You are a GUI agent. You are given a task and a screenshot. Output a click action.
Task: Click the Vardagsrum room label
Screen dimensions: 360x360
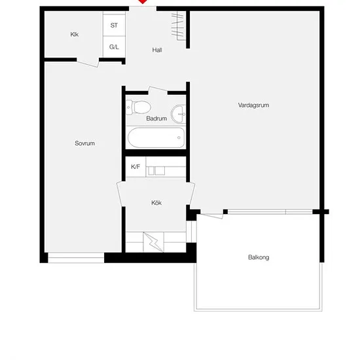point(253,105)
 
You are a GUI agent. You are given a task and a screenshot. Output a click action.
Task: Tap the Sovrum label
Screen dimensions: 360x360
point(84,143)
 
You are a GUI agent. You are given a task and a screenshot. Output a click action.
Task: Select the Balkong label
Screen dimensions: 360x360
point(259,257)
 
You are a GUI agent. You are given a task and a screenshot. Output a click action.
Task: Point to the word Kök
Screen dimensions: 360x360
point(156,203)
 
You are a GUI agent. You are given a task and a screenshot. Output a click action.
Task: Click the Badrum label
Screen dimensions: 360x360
point(156,118)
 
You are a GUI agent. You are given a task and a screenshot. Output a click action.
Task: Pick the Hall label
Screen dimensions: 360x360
point(157,50)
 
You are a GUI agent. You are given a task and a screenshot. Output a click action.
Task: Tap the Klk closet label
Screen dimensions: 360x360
point(75,35)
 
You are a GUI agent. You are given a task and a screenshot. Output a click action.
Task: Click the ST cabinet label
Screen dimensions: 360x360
point(114,26)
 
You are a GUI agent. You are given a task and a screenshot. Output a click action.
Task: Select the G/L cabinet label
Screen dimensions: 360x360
point(114,47)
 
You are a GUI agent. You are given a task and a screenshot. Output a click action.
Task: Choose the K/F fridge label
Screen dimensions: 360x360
point(135,167)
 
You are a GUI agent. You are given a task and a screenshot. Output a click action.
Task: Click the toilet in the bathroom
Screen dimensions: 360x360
point(139,107)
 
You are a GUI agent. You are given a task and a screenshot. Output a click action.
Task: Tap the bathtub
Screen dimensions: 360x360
point(156,137)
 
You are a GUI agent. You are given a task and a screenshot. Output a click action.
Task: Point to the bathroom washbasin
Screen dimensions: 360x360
point(179,114)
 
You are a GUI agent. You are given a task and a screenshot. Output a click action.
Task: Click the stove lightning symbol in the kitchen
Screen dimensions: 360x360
point(153,242)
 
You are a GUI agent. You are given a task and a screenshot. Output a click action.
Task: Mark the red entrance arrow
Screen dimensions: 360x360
point(143,1)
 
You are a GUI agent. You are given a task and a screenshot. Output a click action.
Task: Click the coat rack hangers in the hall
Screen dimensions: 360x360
point(178,26)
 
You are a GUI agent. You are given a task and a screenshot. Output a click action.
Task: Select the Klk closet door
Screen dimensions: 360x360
point(88,63)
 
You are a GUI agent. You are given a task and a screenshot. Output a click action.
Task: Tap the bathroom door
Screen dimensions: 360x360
point(158,90)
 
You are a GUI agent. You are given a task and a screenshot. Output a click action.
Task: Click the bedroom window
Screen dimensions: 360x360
point(76,258)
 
